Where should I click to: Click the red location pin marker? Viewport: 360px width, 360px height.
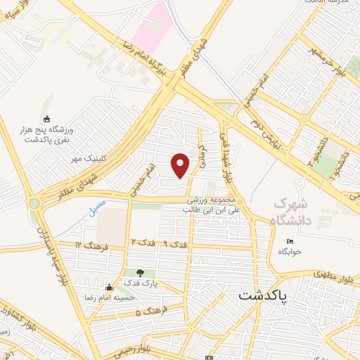pos(181,165)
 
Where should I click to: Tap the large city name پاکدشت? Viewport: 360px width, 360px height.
pos(263,296)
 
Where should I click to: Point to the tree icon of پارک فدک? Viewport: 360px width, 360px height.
pos(140,274)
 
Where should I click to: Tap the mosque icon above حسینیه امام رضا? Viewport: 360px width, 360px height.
pos(109,287)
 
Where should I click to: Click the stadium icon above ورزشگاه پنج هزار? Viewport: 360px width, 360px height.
pos(47,117)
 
